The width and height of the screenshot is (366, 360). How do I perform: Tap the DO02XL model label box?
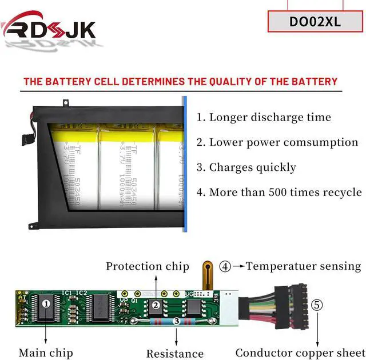tap(315, 22)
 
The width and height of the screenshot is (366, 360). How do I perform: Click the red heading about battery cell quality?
tap(181, 81)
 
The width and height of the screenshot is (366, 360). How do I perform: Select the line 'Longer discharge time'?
tap(264, 117)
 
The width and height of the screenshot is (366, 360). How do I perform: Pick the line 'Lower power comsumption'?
tap(278, 142)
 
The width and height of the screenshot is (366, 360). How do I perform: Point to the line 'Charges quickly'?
tap(246, 167)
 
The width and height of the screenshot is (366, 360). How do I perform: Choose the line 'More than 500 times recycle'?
tap(280, 192)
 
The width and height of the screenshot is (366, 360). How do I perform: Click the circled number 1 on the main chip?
tap(46, 303)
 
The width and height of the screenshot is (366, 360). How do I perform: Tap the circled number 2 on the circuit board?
tap(156, 305)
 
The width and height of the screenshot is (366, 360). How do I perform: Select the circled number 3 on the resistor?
tap(176, 322)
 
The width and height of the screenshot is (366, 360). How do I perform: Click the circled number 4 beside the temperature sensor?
tap(226, 266)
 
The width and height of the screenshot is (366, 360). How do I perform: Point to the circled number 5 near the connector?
tap(316, 305)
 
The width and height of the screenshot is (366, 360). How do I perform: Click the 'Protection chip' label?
tap(147, 266)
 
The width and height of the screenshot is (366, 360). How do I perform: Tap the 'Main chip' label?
tap(45, 353)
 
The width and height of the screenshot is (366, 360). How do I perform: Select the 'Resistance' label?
tap(175, 354)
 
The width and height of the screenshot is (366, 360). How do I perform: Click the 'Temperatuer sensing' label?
tap(304, 266)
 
